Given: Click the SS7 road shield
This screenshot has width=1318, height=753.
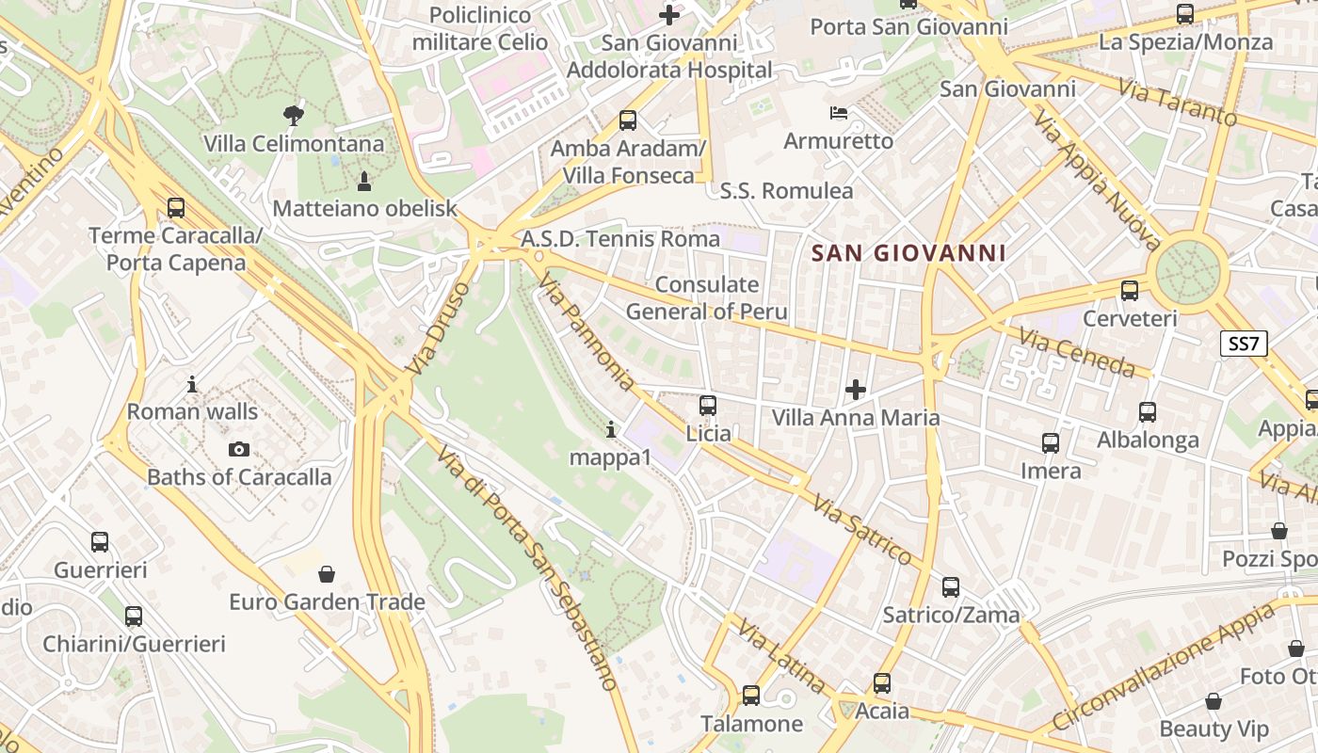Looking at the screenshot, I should (1243, 344).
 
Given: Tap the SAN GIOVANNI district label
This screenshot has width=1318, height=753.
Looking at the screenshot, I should (908, 253).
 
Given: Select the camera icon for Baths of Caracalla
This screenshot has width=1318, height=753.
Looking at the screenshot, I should (239, 450).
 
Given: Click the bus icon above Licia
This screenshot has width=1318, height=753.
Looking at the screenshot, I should (708, 406).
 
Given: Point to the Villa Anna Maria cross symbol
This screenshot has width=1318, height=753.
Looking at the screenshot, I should (855, 389).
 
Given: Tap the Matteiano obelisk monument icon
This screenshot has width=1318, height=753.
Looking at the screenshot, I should (364, 181).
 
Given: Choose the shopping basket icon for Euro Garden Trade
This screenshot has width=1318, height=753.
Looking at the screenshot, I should (327, 573).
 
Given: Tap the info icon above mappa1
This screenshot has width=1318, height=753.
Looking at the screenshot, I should (611, 430).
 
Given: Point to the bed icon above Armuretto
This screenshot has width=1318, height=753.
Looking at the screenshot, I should (839, 114).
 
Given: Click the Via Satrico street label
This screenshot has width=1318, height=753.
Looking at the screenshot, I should (862, 529).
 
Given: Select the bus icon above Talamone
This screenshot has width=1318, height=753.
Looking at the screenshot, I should (750, 696).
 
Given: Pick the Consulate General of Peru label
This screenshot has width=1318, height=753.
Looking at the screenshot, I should (706, 298).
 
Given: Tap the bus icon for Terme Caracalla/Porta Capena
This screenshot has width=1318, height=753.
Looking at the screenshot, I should (175, 208).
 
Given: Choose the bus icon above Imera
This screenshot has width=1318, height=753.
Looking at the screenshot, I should (1051, 442).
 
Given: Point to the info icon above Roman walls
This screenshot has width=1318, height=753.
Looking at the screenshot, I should (192, 384).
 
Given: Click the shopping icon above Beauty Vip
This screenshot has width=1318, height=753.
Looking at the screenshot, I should (1214, 701).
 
